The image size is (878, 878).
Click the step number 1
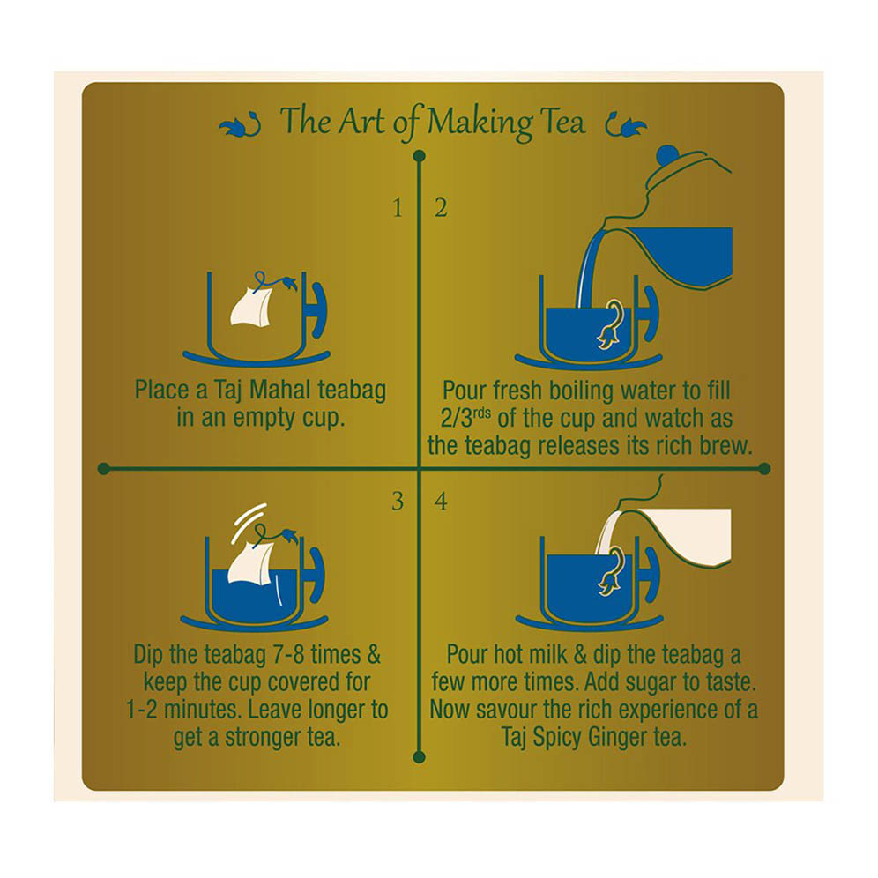point(398,208)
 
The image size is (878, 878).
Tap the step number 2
point(442,208)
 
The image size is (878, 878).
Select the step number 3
point(398,502)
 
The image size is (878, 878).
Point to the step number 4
point(442,502)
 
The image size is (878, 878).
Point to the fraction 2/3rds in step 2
point(465,418)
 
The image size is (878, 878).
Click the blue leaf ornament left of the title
point(240,125)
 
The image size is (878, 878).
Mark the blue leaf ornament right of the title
point(626,125)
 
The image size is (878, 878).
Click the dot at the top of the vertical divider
point(419,156)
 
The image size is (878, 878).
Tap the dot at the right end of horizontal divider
point(763,469)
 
